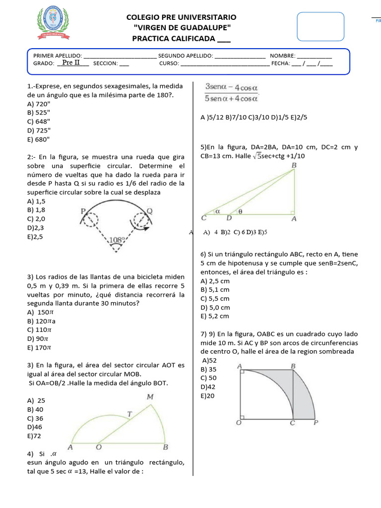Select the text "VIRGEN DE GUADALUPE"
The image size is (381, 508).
point(182,28)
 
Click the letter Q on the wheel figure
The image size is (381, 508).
point(150,211)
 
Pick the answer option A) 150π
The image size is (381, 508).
point(40,312)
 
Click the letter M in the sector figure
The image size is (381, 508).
point(150,396)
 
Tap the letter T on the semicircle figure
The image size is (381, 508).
point(129,414)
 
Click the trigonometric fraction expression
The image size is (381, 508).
point(232,92)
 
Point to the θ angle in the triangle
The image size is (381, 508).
point(240,210)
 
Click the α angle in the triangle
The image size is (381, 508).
point(217,210)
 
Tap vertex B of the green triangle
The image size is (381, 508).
point(294,165)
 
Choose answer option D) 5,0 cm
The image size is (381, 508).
point(215,307)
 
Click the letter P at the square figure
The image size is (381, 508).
point(316,423)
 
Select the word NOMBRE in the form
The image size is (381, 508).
point(283,56)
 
